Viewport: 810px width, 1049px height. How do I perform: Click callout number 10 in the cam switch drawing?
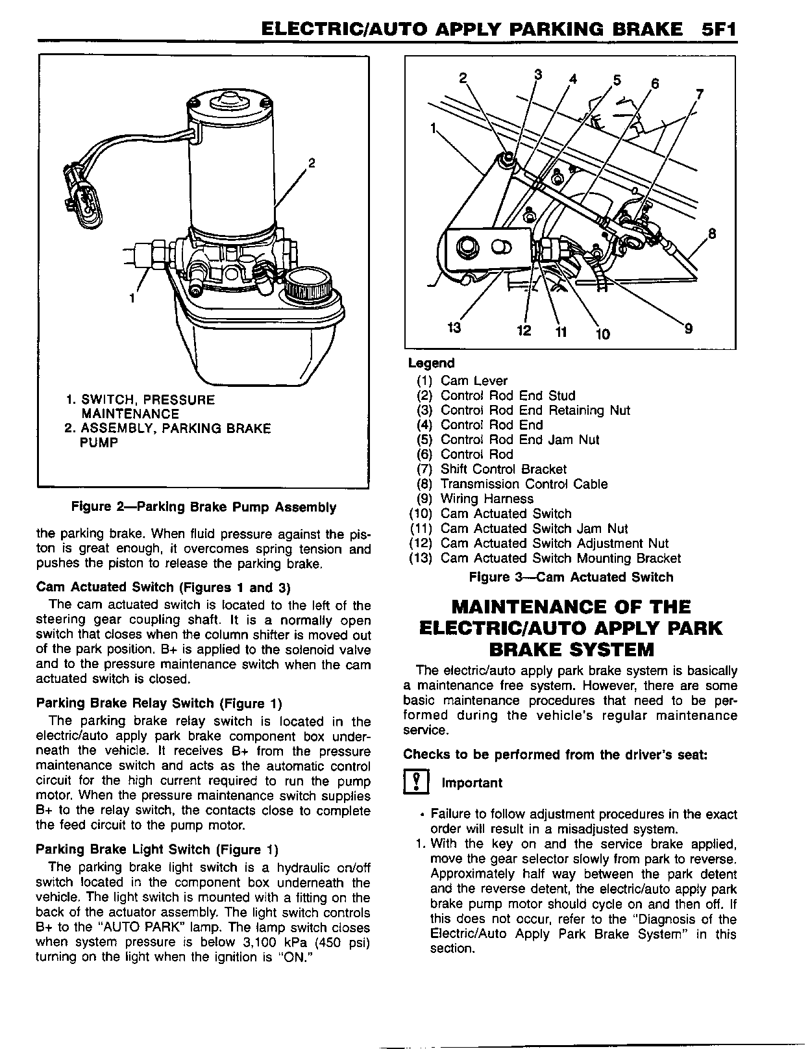click(x=603, y=334)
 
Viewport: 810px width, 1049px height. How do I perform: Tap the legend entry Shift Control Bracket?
click(x=503, y=469)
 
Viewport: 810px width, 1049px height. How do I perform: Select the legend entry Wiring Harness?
click(x=487, y=499)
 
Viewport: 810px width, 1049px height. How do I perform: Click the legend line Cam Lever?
click(x=474, y=381)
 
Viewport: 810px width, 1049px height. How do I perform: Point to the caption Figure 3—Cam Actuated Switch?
click(x=571, y=577)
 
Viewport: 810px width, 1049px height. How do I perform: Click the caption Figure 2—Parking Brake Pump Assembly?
click(x=203, y=507)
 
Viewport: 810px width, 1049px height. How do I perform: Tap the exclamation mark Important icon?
click(x=414, y=783)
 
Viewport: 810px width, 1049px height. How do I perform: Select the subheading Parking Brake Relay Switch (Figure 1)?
click(x=159, y=704)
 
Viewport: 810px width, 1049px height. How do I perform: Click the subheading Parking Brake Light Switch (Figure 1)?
click(x=156, y=850)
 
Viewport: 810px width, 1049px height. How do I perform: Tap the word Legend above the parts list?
click(x=431, y=364)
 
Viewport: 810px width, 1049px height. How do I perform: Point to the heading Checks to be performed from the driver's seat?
click(x=555, y=755)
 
